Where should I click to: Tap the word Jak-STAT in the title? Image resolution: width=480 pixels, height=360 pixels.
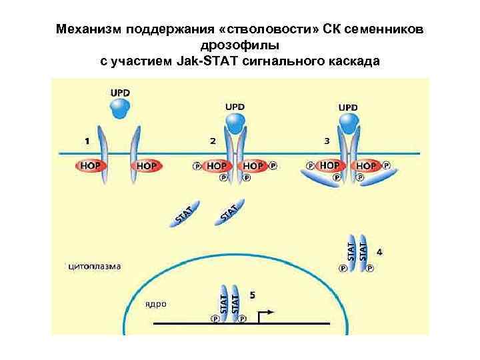coord(203,61)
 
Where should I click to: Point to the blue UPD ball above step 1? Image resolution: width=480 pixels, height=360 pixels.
coord(120,108)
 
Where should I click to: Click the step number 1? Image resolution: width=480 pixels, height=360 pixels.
coord(87,141)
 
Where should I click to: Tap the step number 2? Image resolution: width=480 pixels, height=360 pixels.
coord(212,141)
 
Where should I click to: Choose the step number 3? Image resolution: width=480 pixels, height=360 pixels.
coord(327,141)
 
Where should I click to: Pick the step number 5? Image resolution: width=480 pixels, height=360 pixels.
coord(251,294)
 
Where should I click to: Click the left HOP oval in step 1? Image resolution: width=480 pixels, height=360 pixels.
coord(91,165)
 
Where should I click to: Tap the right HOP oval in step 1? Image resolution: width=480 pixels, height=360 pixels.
coord(146,165)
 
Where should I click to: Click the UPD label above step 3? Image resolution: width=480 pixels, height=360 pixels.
coord(348,107)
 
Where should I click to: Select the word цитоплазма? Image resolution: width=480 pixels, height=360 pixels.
coord(95,267)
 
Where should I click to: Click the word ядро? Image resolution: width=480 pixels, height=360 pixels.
coord(156,303)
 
